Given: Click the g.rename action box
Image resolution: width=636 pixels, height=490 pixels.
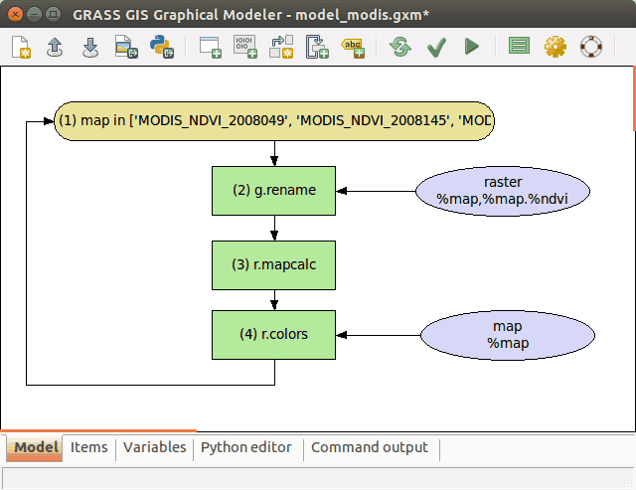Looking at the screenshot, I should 274,191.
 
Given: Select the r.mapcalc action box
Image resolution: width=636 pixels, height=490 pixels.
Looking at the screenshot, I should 274,264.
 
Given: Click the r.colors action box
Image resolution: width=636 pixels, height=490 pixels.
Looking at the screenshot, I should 274,335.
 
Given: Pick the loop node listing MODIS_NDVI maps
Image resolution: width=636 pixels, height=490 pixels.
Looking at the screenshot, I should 273,121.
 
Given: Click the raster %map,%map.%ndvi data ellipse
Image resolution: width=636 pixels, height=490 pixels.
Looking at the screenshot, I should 503,191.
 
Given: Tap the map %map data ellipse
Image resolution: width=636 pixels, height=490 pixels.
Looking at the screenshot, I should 508,335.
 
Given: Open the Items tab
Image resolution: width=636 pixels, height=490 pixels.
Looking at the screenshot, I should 88,448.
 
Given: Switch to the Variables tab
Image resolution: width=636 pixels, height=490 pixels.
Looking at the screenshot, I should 154,448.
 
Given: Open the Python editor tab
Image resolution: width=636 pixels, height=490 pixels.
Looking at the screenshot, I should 246,448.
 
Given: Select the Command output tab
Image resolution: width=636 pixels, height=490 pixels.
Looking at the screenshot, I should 370,448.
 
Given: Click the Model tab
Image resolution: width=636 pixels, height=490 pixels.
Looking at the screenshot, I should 35,448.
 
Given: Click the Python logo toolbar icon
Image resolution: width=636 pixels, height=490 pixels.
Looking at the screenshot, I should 160,46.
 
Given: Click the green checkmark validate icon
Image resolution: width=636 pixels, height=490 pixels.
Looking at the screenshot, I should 435,46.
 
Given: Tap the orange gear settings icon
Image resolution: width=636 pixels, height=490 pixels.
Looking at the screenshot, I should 555,46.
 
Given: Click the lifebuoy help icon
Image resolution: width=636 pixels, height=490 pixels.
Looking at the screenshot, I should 591,46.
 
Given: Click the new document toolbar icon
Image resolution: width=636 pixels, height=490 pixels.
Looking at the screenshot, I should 21,46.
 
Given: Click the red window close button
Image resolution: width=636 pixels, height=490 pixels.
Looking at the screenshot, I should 14,15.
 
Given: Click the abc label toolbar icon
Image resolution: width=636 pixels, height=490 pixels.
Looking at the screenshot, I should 353,46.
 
